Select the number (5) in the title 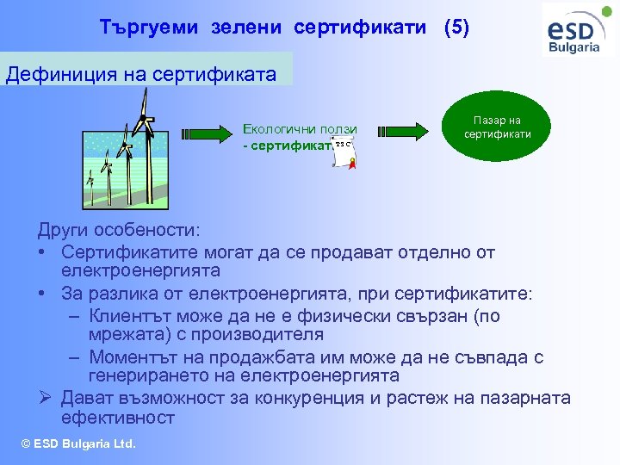click(x=456, y=27)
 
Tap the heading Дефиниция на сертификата click(x=141, y=73)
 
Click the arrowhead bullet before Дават click(x=45, y=398)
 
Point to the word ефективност click(x=118, y=418)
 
